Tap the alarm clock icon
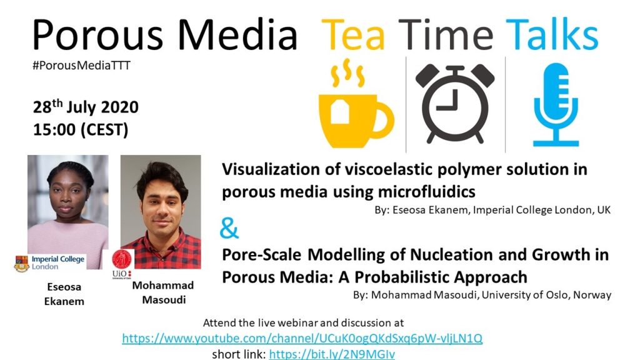(455, 104)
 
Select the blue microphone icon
(556, 104)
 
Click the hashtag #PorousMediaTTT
(82, 65)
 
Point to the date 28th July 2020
(86, 107)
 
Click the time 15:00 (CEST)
(81, 130)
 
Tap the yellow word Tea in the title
(353, 35)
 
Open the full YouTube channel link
(302, 338)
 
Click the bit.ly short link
(332, 354)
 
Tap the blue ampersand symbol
(229, 229)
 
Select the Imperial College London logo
(49, 263)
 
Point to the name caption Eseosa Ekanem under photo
(64, 294)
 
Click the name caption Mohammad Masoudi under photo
(163, 292)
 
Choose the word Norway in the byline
(592, 295)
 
